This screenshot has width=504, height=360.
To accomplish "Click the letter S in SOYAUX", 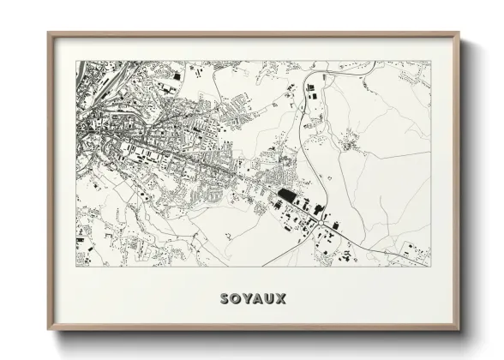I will [225, 299].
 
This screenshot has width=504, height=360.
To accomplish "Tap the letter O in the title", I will [237, 299].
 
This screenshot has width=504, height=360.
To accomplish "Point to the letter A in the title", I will [259, 299].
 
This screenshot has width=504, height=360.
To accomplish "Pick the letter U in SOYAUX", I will [271, 299].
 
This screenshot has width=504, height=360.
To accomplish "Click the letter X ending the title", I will [282, 299].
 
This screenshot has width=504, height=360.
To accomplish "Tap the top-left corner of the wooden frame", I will [48, 33].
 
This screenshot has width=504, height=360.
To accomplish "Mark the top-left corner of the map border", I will [76, 61].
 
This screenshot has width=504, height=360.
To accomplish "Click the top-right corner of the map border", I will [430, 61].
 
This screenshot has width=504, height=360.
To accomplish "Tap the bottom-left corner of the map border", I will [76, 265].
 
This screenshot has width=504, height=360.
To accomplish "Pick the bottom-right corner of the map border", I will [430, 265].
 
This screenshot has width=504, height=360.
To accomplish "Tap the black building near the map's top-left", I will [177, 78].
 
